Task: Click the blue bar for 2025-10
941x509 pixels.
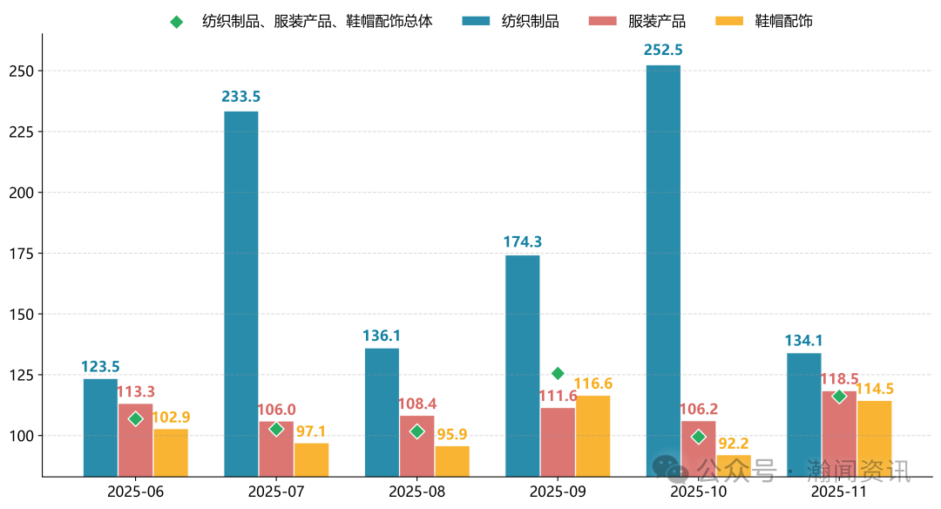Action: pos(663,270)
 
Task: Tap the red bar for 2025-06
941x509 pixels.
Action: pos(135,440)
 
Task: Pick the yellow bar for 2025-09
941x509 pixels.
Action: pos(592,436)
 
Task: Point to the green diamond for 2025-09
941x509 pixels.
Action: pos(558,374)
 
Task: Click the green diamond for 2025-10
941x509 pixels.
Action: pos(698,437)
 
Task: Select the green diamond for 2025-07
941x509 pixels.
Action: pos(276,429)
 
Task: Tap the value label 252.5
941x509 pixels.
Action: pos(663,51)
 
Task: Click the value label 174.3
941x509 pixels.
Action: pos(523,241)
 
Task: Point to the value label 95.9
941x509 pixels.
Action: pos(452,433)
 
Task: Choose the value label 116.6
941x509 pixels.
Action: pos(593,383)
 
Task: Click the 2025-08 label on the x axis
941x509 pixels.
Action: pos(416,492)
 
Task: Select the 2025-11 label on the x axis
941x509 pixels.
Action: pos(839,492)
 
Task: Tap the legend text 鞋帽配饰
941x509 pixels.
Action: pos(783,21)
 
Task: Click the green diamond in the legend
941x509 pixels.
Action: pos(177,22)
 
